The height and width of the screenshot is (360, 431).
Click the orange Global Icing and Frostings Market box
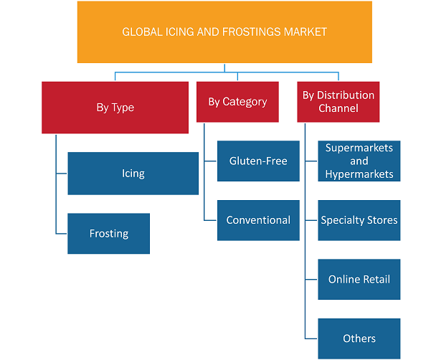(224, 32)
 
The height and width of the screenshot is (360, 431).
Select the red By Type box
(115, 108)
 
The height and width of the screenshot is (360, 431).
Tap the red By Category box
(237, 102)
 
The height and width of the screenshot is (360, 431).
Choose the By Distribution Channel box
(338, 102)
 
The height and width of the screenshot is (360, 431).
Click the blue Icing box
(133, 174)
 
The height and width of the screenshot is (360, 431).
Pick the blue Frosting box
(109, 234)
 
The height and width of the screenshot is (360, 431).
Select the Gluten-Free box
(258, 161)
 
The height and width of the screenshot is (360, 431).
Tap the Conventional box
(258, 220)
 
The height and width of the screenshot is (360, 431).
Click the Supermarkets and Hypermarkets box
(359, 161)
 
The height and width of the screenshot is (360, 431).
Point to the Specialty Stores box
(359, 220)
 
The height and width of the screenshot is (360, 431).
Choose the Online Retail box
(359, 280)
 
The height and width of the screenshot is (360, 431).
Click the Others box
(359, 338)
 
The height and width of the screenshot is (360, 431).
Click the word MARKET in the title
(306, 32)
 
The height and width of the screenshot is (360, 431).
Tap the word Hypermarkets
(359, 174)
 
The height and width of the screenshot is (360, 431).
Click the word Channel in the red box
(338, 108)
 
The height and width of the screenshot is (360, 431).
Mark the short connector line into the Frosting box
(62, 234)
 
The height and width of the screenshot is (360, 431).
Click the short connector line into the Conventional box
(210, 220)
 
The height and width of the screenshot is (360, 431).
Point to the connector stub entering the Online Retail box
(311, 280)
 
